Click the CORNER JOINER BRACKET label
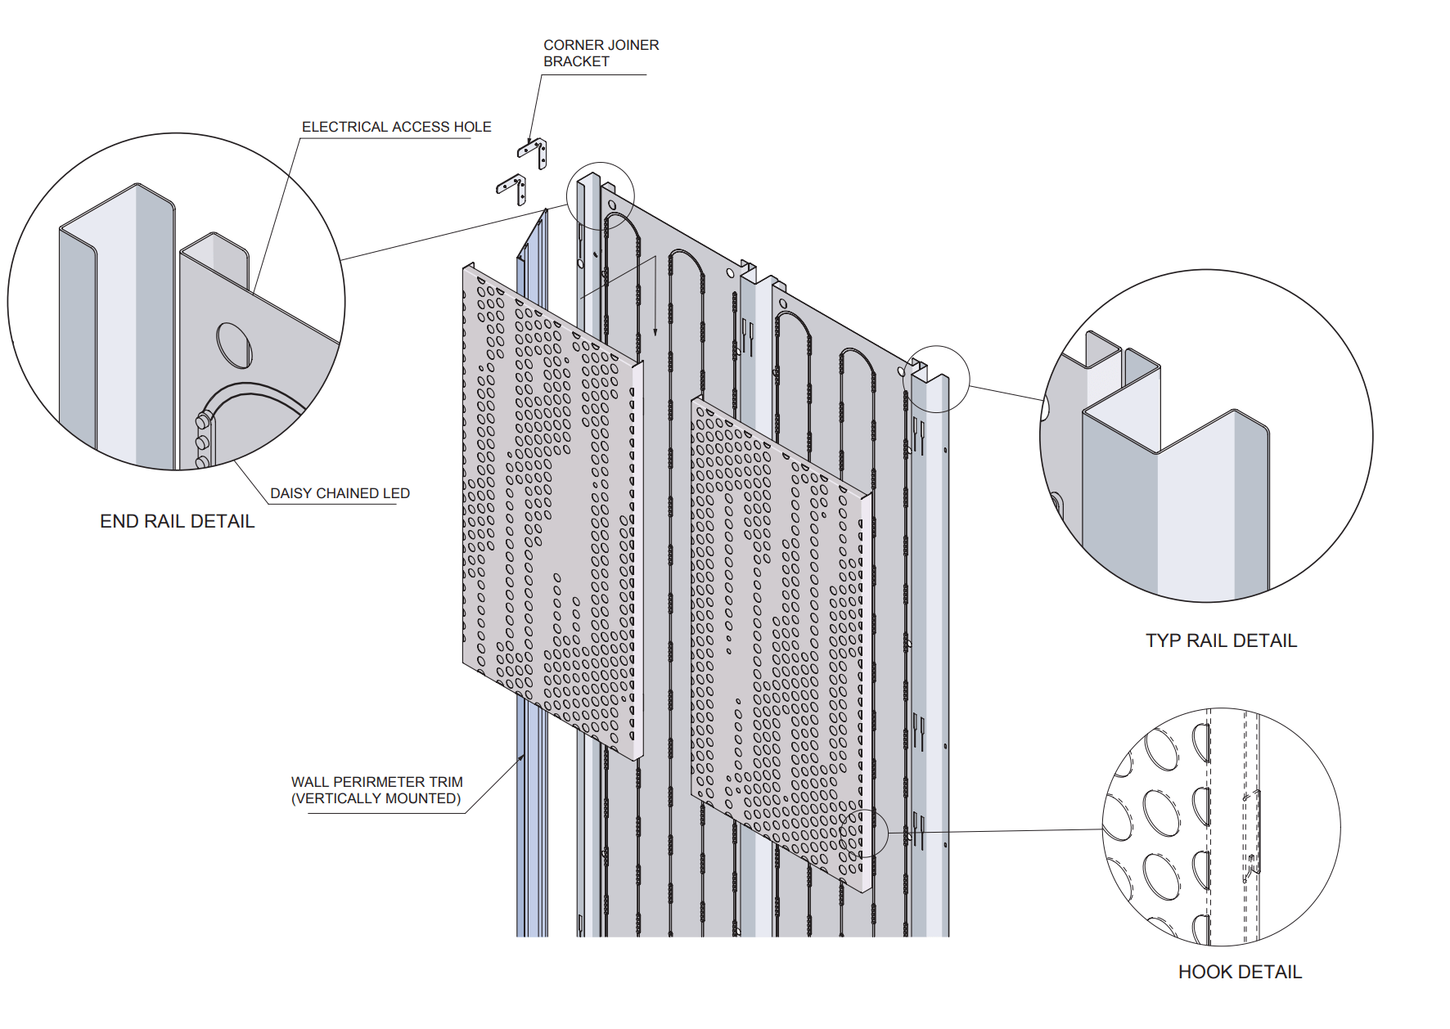tap(601, 53)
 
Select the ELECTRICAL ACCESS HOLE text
tap(396, 127)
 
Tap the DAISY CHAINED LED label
tap(340, 493)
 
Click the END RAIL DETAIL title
tap(177, 521)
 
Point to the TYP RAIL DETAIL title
tap(1221, 640)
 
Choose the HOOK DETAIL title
tap(1240, 972)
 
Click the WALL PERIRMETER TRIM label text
tap(376, 782)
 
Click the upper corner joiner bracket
tap(533, 151)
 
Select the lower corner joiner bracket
tap(512, 188)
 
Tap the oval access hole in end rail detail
tap(234, 345)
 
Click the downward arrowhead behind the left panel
tap(655, 331)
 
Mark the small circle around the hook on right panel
tap(864, 832)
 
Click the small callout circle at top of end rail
tap(601, 195)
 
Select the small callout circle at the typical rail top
tap(936, 379)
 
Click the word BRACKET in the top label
tap(576, 61)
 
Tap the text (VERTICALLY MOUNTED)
tap(376, 798)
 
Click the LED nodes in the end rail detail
tap(202, 442)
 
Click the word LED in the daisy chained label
tap(396, 493)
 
